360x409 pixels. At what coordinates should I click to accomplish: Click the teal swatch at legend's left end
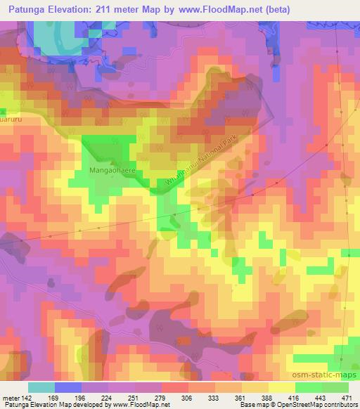[41, 387]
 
